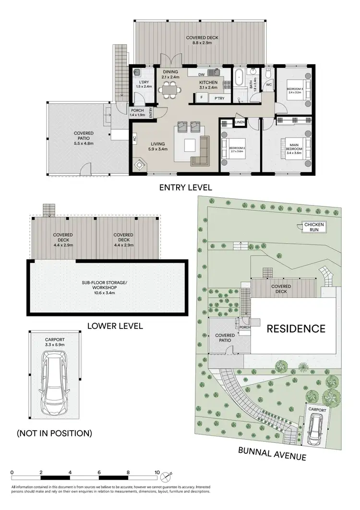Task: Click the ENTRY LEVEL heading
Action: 185,187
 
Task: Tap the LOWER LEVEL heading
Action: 115,326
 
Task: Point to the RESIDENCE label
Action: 296,329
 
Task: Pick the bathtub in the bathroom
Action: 239,79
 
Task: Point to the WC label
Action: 269,85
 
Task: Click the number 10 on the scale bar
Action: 157,473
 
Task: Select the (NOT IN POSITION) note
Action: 54,433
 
